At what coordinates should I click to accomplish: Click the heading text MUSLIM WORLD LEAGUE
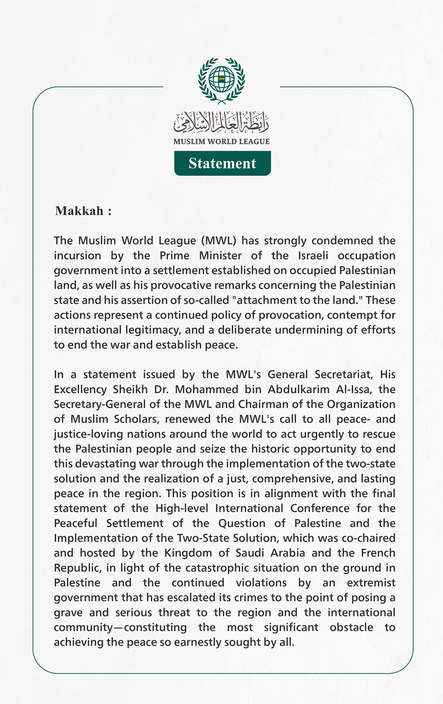(221, 142)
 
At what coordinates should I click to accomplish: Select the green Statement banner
(222, 163)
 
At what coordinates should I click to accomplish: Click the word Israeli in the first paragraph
(313, 256)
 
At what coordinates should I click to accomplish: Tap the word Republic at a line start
(78, 568)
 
